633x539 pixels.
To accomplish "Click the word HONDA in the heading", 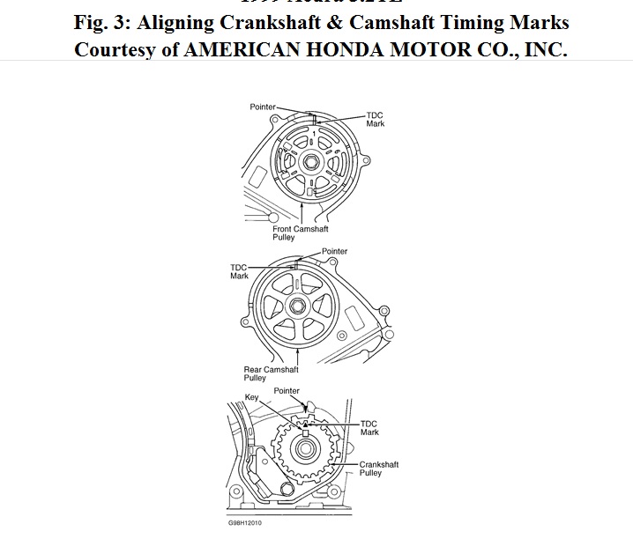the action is click(352, 49).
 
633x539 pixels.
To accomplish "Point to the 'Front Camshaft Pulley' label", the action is click(301, 233).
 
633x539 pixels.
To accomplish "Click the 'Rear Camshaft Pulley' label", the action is click(271, 373).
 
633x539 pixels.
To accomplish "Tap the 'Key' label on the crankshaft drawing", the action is click(250, 397).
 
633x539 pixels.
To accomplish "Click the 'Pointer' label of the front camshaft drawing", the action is click(263, 107).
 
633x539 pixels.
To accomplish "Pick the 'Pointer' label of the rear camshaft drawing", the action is click(334, 251).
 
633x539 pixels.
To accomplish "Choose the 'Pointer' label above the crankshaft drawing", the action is click(287, 390).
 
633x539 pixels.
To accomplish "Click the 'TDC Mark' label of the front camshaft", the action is click(376, 120).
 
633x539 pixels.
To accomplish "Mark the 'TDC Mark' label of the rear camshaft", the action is click(239, 271).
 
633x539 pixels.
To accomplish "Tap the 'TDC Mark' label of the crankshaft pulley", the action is click(369, 428).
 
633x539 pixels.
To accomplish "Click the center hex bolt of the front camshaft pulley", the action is click(313, 161).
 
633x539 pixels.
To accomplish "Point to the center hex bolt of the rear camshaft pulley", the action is click(298, 306).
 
